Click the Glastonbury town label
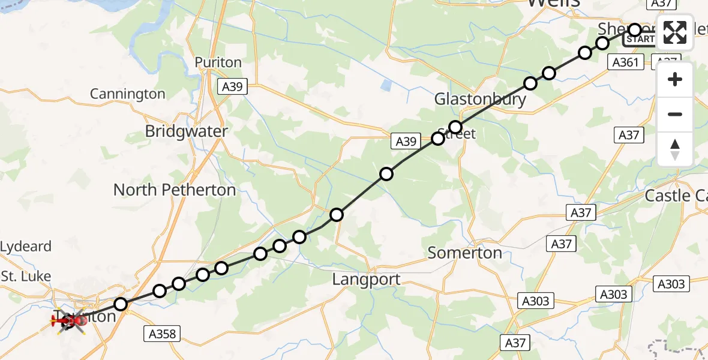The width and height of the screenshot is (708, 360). (480, 99)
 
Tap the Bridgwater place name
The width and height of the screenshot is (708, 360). (187, 131)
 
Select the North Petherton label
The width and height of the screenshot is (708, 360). (175, 190)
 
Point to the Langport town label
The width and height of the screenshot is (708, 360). (366, 279)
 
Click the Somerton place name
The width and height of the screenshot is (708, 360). (465, 253)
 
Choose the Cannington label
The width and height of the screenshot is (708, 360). (127, 94)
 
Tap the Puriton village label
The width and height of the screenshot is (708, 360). (218, 62)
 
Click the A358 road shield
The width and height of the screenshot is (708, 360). (161, 334)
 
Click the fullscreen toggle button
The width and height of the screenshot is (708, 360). (675, 32)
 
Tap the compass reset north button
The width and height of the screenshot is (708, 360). (675, 149)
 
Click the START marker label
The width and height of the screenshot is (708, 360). (640, 40)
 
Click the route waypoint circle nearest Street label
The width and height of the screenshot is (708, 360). (455, 127)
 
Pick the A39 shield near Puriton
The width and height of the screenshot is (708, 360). (232, 87)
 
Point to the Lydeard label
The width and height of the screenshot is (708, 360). (26, 247)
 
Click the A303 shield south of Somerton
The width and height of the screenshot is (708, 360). (535, 301)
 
